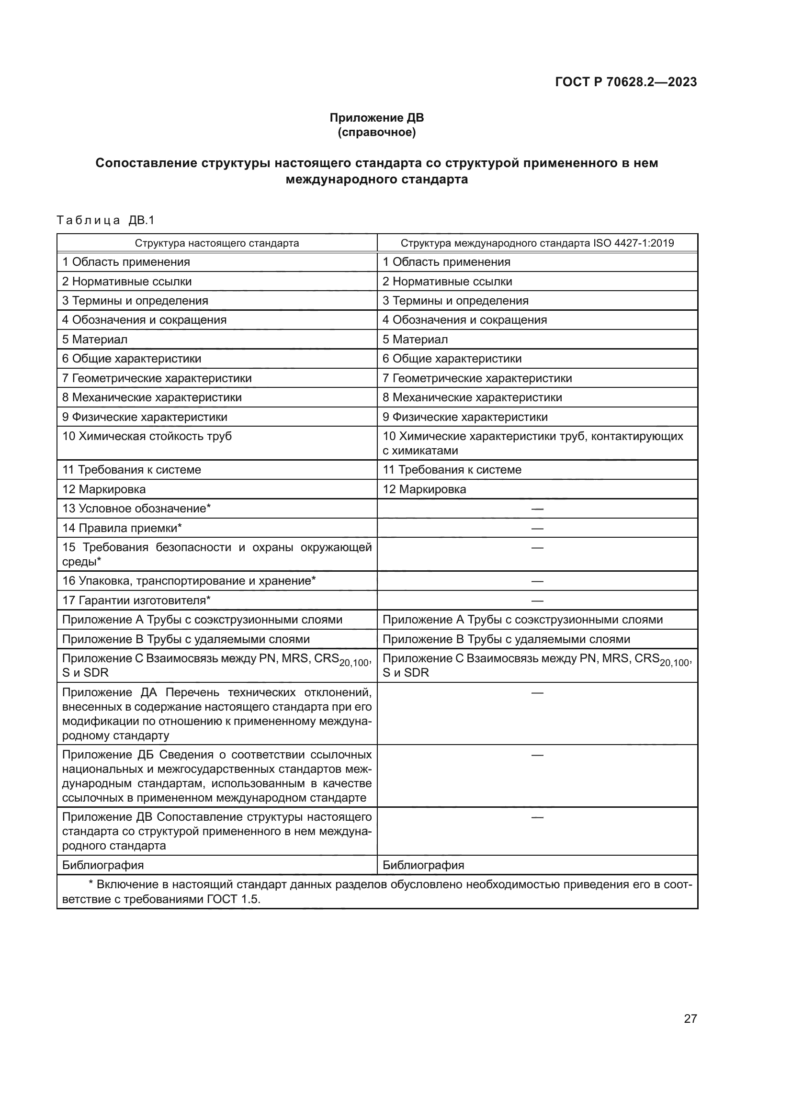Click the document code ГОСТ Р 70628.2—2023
[626, 82]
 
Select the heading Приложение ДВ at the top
[376, 118]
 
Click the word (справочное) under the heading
[376, 132]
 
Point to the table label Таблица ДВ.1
[105, 220]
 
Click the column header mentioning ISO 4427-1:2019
[537, 243]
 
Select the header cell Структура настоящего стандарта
[216, 243]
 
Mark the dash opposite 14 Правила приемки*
[537, 528]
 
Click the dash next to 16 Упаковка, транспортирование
[537, 581]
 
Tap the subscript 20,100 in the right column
[675, 662]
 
